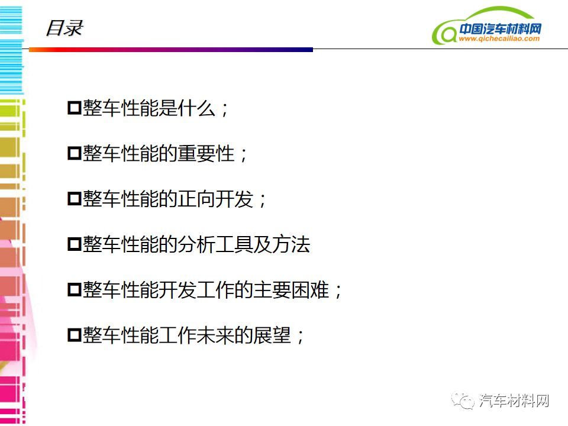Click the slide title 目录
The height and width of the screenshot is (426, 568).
click(x=64, y=28)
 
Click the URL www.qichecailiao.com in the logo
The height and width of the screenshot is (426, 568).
click(x=499, y=38)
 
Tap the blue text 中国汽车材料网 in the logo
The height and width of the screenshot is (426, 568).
click(x=501, y=28)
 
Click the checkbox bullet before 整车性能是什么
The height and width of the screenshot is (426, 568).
click(x=75, y=108)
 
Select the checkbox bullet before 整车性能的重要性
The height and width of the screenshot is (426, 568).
click(x=75, y=153)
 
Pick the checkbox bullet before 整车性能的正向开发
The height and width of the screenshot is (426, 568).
click(x=75, y=199)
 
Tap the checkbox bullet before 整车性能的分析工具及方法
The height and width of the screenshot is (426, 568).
click(x=75, y=244)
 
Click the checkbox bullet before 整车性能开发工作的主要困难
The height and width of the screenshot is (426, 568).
click(x=75, y=290)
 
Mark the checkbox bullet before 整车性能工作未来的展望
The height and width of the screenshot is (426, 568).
click(x=75, y=335)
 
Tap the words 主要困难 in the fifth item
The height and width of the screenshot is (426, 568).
click(x=291, y=290)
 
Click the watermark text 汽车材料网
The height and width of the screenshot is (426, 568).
click(x=514, y=401)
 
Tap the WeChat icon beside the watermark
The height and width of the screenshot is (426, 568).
click(x=463, y=401)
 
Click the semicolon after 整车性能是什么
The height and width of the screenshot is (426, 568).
click(x=225, y=109)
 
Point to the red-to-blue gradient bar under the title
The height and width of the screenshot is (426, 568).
click(x=171, y=50)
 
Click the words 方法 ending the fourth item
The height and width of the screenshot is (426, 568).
click(x=291, y=244)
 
